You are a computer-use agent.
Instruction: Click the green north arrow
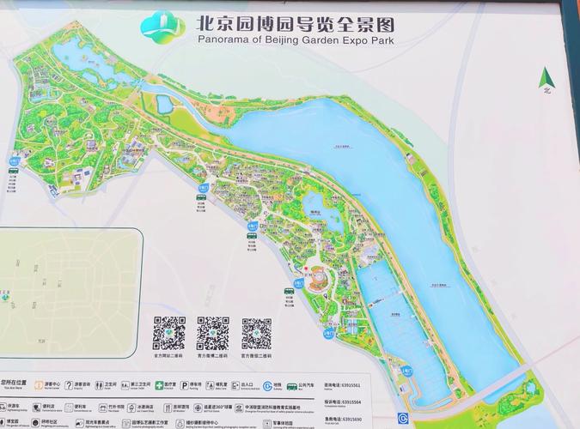(545, 81)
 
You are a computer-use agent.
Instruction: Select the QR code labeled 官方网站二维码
(169, 333)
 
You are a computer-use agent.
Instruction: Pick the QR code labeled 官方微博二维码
(212, 333)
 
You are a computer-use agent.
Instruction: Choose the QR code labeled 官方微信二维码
(256, 333)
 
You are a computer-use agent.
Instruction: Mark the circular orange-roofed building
(317, 279)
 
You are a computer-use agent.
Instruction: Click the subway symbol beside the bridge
(404, 418)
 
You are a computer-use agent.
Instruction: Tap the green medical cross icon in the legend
(157, 386)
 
